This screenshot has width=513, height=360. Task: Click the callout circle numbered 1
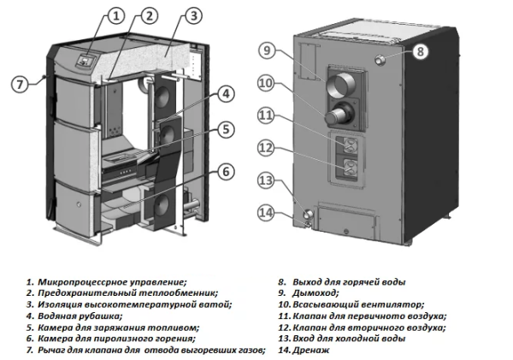(x=117, y=15)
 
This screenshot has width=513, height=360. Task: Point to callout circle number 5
(x=226, y=130)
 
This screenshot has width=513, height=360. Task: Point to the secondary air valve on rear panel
(x=349, y=167)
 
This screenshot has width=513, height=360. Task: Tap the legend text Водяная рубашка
(x=76, y=315)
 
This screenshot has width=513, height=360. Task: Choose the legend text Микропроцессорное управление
(x=112, y=281)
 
